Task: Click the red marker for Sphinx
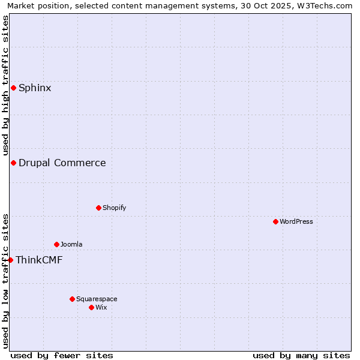[x=13, y=88]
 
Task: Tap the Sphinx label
[x=35, y=88]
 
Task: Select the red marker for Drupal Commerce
[x=13, y=163]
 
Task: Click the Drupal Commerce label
[x=62, y=163]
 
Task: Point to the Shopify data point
[x=98, y=208]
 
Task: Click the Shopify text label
[x=114, y=208]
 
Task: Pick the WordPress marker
[x=275, y=222]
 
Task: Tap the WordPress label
[x=296, y=222]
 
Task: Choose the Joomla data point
[x=56, y=245]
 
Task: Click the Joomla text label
[x=71, y=245]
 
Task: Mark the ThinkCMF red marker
[x=10, y=260]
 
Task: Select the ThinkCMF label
[x=39, y=260]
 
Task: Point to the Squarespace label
[x=97, y=299]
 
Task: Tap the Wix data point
[x=91, y=308]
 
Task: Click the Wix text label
[x=101, y=308]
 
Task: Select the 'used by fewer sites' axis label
[x=62, y=356]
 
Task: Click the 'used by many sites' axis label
[x=301, y=356]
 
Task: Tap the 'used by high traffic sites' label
[x=5, y=86]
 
